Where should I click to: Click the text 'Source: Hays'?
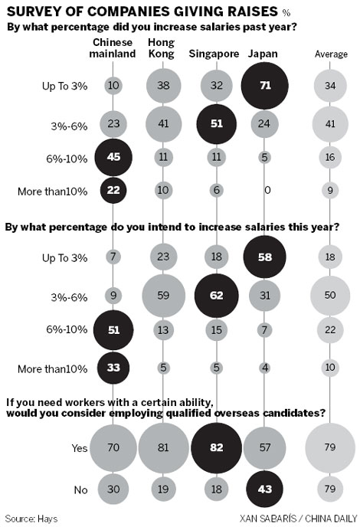tap(30, 518)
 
